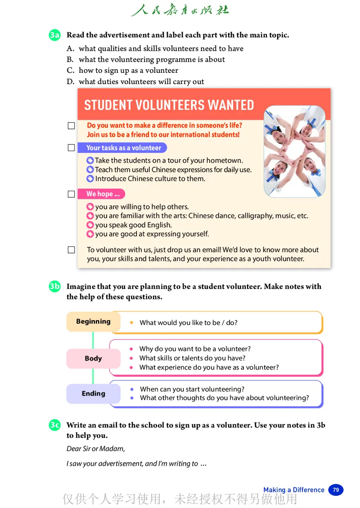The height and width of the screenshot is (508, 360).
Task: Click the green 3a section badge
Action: click(x=54, y=35)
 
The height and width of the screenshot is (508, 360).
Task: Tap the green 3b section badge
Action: click(x=54, y=287)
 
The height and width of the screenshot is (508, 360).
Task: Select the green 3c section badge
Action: click(x=54, y=425)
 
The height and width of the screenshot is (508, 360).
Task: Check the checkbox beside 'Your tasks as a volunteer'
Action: click(x=71, y=147)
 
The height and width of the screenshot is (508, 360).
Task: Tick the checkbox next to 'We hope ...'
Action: click(x=71, y=194)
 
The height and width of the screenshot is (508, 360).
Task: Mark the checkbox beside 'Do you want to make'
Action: click(x=71, y=126)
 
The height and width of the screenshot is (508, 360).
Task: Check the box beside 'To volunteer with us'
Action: click(x=71, y=250)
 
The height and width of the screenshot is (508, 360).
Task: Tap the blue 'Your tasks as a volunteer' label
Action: click(x=122, y=148)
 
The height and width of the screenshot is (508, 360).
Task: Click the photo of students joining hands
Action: click(x=294, y=152)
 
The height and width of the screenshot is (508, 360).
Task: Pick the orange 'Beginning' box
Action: click(x=93, y=321)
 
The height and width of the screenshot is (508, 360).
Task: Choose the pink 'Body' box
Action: click(x=93, y=358)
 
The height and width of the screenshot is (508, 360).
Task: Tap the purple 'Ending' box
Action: click(x=93, y=393)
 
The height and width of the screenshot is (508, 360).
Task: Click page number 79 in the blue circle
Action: click(x=336, y=490)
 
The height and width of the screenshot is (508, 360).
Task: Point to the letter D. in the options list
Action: click(x=70, y=82)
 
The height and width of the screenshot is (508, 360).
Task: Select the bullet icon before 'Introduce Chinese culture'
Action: click(x=90, y=179)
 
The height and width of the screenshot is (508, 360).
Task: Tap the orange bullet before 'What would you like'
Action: click(x=131, y=323)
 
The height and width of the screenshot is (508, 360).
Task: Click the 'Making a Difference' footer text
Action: click(x=293, y=490)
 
